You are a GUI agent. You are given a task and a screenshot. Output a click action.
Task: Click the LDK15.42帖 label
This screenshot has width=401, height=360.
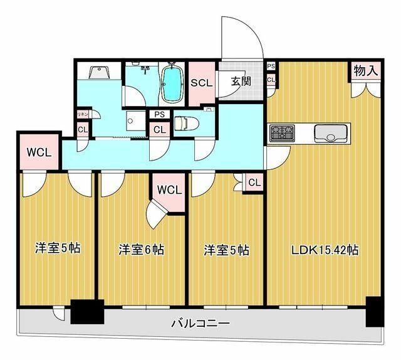[x=324, y=250]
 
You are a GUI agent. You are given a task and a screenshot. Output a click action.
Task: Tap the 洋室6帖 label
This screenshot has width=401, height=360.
[x=142, y=250]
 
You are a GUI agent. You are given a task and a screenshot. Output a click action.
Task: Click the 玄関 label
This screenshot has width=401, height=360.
[x=240, y=81]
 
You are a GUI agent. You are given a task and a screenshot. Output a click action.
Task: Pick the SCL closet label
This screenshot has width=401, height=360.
[x=202, y=82]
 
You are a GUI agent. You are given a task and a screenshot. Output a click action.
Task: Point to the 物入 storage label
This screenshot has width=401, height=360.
[x=365, y=71]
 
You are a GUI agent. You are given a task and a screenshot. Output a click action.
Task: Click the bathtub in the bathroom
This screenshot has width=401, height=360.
[x=170, y=84]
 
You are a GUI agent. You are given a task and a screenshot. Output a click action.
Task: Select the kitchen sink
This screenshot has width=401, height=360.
[x=330, y=133]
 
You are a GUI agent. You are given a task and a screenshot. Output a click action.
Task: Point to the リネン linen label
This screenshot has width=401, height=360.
[x=82, y=114]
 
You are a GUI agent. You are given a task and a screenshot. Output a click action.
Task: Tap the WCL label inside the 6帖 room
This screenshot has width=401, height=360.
[x=169, y=189]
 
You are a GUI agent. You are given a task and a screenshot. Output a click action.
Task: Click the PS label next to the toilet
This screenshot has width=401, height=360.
[x=159, y=115]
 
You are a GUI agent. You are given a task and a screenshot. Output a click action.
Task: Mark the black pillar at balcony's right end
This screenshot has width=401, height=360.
[x=374, y=311]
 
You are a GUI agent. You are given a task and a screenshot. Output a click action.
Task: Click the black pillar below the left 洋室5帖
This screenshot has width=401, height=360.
[x=86, y=312]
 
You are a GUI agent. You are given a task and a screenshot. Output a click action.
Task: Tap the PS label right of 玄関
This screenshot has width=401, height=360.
[x=271, y=66]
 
